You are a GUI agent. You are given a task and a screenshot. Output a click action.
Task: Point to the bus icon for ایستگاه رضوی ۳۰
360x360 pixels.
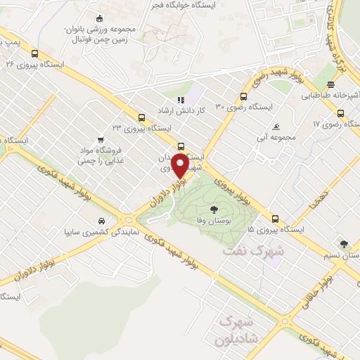pos(243,97)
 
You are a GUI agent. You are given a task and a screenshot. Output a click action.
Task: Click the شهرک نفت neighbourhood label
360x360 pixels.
pos(253,250)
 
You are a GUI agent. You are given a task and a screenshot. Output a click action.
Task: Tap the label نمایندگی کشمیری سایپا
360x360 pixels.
pos(101,231)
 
